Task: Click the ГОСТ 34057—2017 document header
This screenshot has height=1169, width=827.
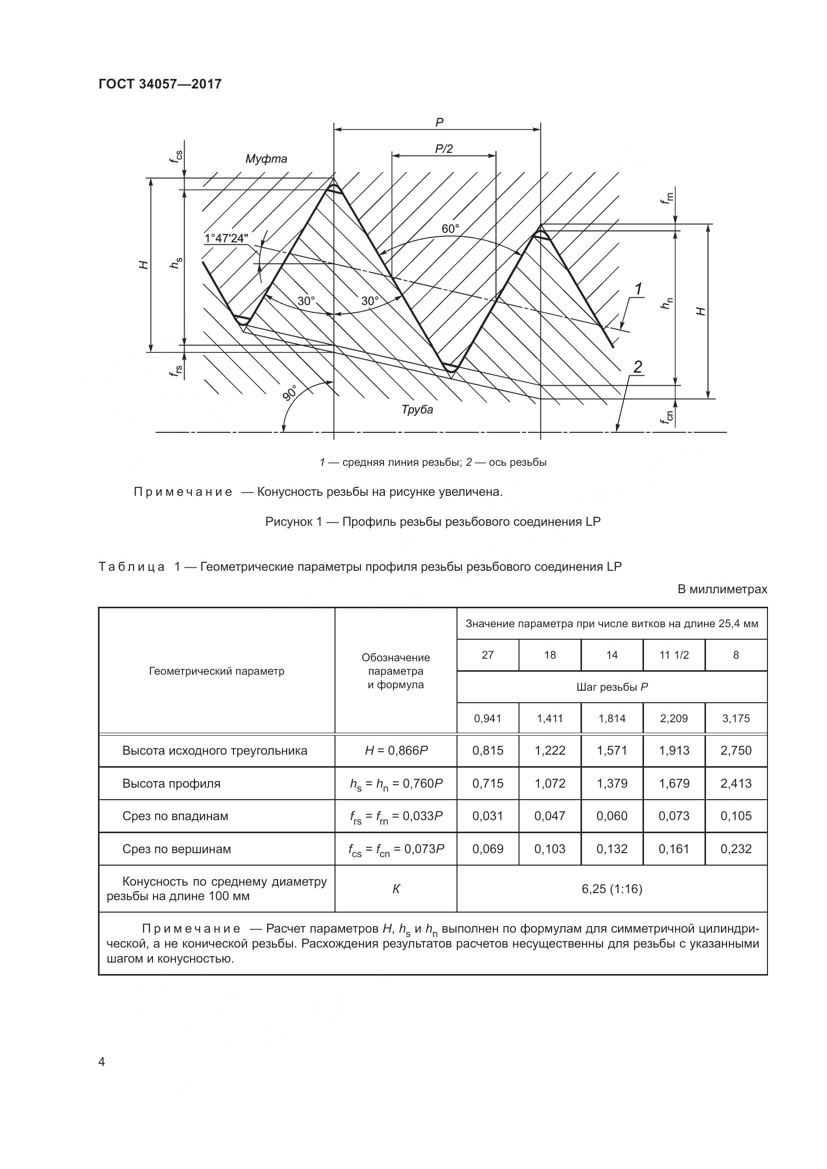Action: pyautogui.click(x=160, y=84)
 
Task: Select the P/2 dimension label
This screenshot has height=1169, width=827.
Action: pyautogui.click(x=443, y=148)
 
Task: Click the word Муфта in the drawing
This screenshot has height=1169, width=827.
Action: pyautogui.click(x=266, y=159)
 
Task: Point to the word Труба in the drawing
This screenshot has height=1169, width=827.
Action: pyautogui.click(x=417, y=409)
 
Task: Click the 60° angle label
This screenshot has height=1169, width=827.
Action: pyautogui.click(x=450, y=229)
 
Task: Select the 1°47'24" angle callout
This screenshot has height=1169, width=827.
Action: pyautogui.click(x=226, y=238)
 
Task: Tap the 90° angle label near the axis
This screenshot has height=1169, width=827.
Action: pyautogui.click(x=291, y=393)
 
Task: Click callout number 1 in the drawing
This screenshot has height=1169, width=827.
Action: pyautogui.click(x=638, y=289)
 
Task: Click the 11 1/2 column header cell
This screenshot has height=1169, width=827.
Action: pyautogui.click(x=673, y=655)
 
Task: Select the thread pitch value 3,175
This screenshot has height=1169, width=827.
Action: pyautogui.click(x=736, y=718)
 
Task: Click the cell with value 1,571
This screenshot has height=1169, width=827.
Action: pyautogui.click(x=611, y=751)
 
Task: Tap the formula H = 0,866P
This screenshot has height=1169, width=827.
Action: pyautogui.click(x=395, y=751)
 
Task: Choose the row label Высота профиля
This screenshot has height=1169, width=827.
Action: pyautogui.click(x=171, y=784)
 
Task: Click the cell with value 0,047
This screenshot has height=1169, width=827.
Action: pyautogui.click(x=549, y=816)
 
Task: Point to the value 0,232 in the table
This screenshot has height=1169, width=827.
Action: pyautogui.click(x=736, y=849)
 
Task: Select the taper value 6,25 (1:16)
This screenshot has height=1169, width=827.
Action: pyautogui.click(x=611, y=889)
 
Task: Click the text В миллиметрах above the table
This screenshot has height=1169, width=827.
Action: pyautogui.click(x=722, y=590)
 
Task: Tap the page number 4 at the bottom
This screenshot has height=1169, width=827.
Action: pyautogui.click(x=102, y=1062)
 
